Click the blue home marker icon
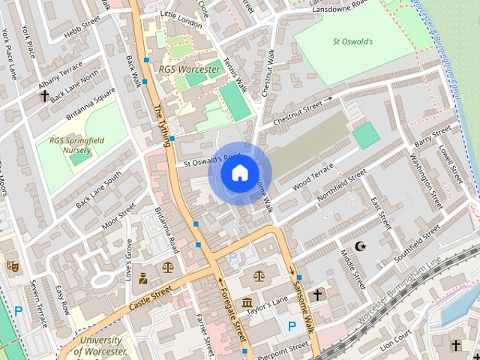(238, 173)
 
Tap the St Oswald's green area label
(352, 42)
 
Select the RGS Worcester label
(189, 70)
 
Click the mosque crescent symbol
(360, 246)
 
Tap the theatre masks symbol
(12, 265)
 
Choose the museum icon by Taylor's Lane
(247, 302)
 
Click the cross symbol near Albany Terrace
(45, 95)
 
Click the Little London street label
(181, 23)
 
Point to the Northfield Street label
(341, 186)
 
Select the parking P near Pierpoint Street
(291, 325)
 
